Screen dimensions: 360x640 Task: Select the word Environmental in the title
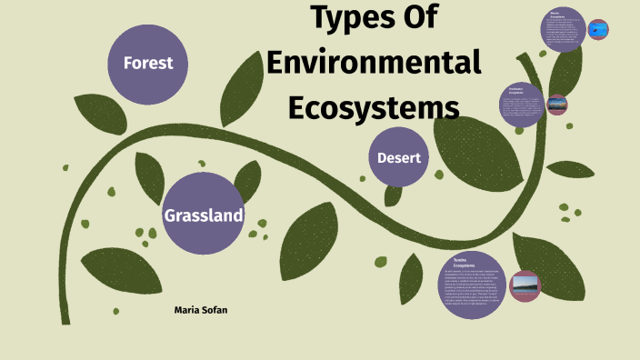[374, 63]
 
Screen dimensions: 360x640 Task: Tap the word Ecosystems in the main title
[374, 106]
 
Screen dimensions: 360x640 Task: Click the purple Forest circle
[148, 64]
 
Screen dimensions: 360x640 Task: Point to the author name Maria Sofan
[201, 310]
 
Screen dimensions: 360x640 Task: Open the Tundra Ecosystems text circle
[471, 285]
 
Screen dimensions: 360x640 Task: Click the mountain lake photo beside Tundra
[525, 286]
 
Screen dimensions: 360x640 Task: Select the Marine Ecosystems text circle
[563, 29]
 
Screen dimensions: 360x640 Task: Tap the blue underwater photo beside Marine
[597, 30]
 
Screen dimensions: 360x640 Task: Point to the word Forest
[148, 64]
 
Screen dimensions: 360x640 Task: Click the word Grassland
[203, 215]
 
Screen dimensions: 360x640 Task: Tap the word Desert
[399, 158]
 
